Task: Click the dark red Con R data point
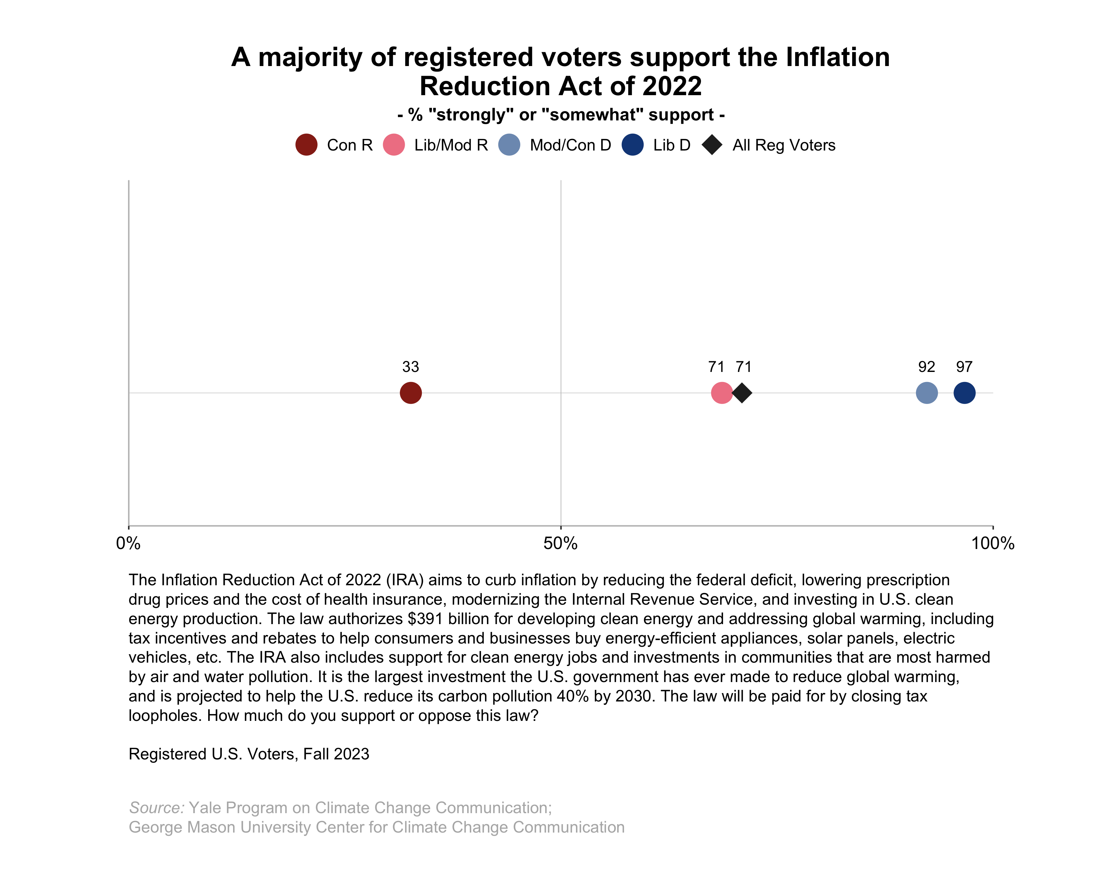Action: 410,393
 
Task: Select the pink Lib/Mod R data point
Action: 721,393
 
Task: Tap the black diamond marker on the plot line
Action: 742,393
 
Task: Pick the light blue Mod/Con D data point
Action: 927,393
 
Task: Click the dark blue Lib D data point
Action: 964,393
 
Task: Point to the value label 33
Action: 410,367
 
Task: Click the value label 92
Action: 927,367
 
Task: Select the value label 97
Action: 964,367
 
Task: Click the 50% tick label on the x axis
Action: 560,543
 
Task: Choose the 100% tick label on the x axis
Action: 993,543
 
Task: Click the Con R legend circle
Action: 306,145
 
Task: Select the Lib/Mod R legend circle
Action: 393,145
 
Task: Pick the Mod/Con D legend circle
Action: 509,145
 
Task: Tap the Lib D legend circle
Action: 632,145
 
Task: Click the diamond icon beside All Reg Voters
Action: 712,145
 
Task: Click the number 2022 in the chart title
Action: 672,86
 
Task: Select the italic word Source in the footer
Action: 156,807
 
